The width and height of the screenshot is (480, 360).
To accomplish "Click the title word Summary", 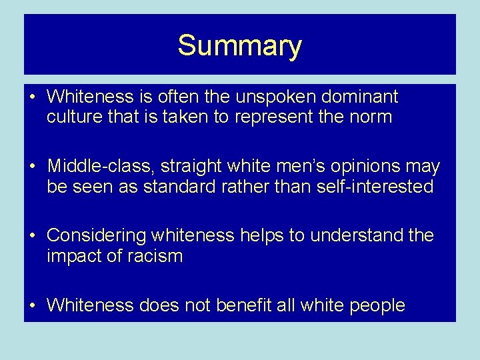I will pos(239,46).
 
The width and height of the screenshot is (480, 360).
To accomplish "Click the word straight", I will pos(189,167).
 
